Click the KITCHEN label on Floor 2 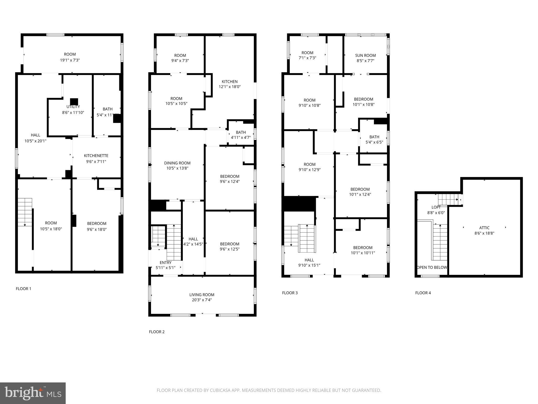coord(230,82)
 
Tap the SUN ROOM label coord(365,55)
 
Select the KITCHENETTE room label coord(96,156)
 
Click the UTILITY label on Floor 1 coord(73,107)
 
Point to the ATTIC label coord(484,228)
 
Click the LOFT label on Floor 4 coord(436,207)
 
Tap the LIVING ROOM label coord(202,295)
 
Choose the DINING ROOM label coord(177,163)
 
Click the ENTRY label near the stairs coord(165,262)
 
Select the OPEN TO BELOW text coord(432,267)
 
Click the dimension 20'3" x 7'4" coord(202,300)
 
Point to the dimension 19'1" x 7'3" coord(70,60)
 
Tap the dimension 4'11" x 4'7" coord(241,137)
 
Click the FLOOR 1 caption coord(23,289)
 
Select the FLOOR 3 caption coord(290,293)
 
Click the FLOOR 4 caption coord(423,293)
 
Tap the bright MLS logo coord(33,393)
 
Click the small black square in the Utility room coord(74,102)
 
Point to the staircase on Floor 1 coord(25,212)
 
